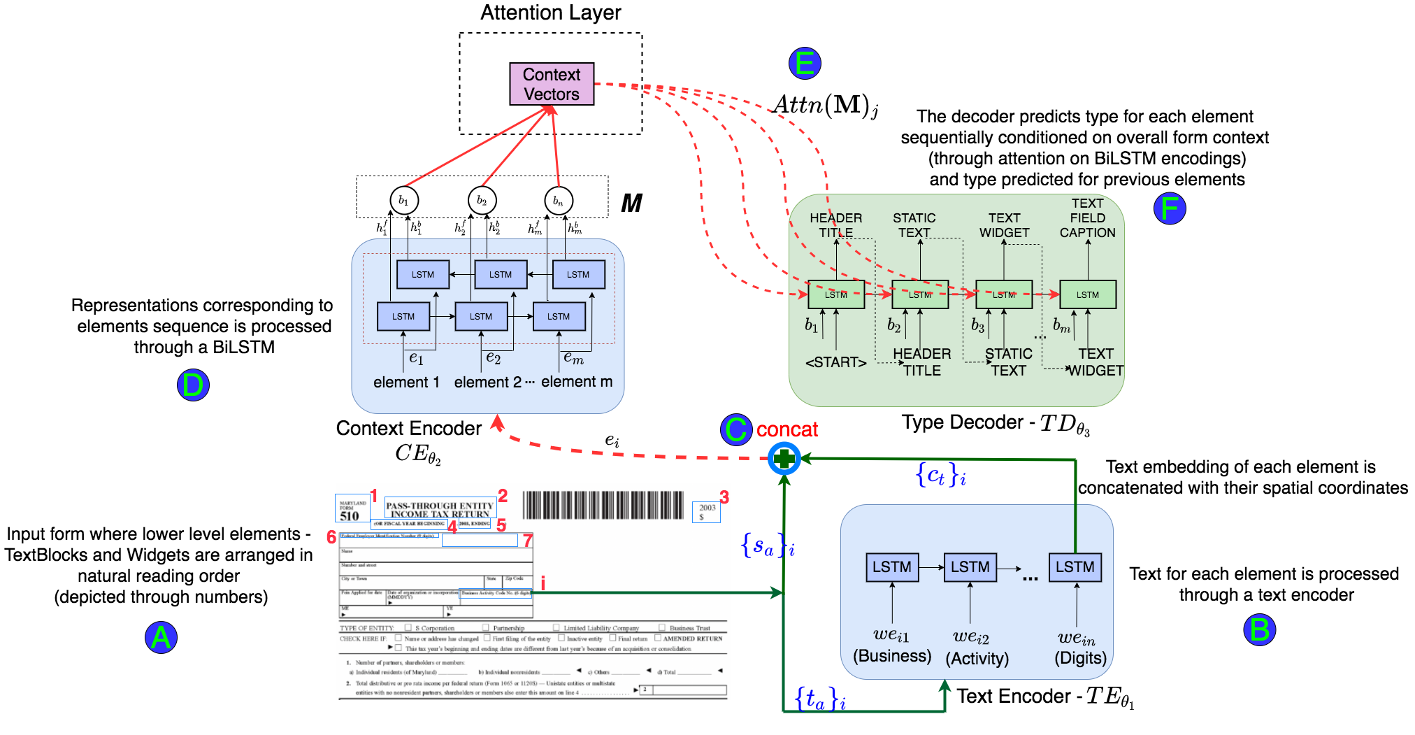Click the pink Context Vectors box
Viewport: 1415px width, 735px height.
[552, 84]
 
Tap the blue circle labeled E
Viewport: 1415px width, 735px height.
[804, 64]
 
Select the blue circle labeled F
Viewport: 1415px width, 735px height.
[1169, 208]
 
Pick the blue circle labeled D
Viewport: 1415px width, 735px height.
[193, 385]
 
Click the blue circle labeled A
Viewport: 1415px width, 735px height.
[161, 637]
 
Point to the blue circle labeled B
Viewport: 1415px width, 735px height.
[1259, 629]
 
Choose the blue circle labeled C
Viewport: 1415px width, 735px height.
[735, 429]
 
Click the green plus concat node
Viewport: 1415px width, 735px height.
[784, 459]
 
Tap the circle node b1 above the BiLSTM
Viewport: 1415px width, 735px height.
[403, 201]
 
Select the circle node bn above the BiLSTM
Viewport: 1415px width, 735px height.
[558, 201]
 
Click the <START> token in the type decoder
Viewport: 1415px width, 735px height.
[835, 362]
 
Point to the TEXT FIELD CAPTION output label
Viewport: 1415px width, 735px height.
[1087, 217]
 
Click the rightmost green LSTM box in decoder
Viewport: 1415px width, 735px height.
[1087, 294]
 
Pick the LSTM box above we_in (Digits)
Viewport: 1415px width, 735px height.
[1075, 566]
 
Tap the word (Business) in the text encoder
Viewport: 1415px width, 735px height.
[892, 656]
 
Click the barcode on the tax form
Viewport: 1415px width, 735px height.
[603, 504]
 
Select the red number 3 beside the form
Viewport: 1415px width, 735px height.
[724, 497]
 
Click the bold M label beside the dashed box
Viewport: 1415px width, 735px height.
[631, 204]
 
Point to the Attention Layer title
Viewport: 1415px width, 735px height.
[550, 13]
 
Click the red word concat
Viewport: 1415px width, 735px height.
[786, 429]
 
